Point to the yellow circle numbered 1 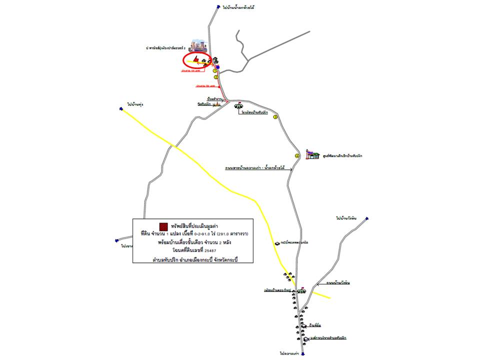(x=215, y=71)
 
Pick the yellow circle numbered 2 (x=216, y=77)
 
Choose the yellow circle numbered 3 (x=274, y=116)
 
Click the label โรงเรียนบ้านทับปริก (x=254, y=113)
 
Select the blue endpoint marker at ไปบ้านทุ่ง (x=121, y=108)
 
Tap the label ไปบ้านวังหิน (x=346, y=218)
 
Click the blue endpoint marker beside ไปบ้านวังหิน (x=366, y=218)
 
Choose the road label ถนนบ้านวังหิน (x=337, y=283)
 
